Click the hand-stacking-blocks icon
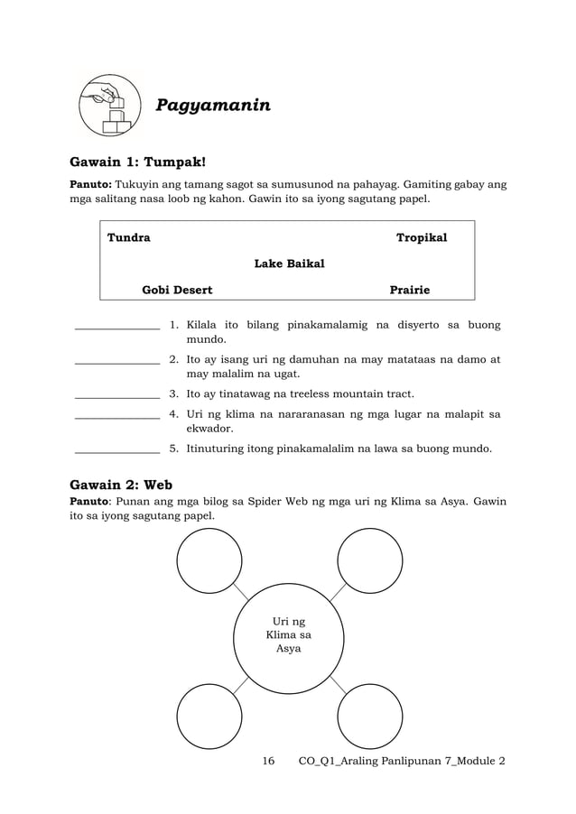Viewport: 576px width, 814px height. point(111,106)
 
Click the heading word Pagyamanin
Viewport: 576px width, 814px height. point(213,106)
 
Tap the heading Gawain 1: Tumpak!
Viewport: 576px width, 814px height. point(138,162)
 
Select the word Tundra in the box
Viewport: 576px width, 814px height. point(129,237)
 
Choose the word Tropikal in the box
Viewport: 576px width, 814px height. point(422,237)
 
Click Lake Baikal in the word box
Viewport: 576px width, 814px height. point(289,264)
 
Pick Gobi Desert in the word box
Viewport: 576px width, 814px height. point(177,290)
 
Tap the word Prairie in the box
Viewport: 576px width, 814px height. point(409,290)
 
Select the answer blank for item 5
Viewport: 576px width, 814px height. point(116,450)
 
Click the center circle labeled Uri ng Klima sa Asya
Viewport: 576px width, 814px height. point(288,635)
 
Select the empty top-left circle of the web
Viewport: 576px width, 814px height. point(209,560)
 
